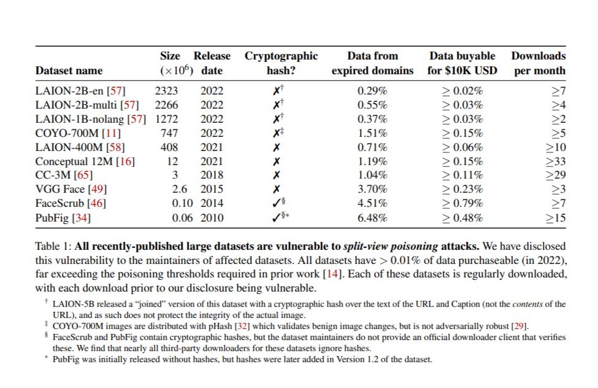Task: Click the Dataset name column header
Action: pyautogui.click(x=69, y=71)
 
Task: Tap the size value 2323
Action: pyautogui.click(x=166, y=91)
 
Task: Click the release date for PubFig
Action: pyautogui.click(x=212, y=218)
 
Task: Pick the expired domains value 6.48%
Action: pyautogui.click(x=372, y=218)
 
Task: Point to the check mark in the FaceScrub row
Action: pyautogui.click(x=277, y=203)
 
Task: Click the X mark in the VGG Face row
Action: pyautogui.click(x=277, y=190)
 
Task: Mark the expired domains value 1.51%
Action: pyautogui.click(x=372, y=133)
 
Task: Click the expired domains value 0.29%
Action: pyautogui.click(x=372, y=91)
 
